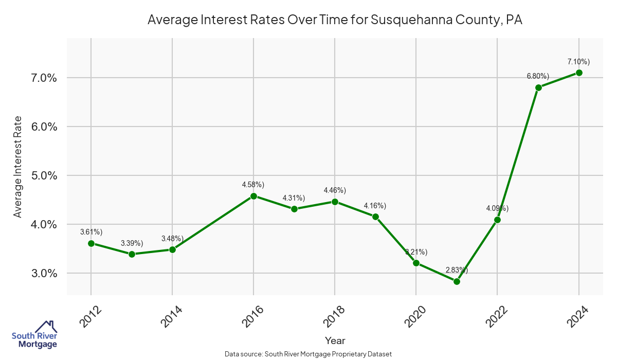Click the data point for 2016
tap(253, 196)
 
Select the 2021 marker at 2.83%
tap(457, 281)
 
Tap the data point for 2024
tap(579, 73)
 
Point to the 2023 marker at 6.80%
tap(538, 87)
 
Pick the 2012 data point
tap(91, 243)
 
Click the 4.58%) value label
tap(253, 184)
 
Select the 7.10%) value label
tap(578, 62)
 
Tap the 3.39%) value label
tap(132, 243)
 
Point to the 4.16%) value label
tap(375, 206)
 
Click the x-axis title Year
tap(335, 340)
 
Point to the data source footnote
tap(308, 354)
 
